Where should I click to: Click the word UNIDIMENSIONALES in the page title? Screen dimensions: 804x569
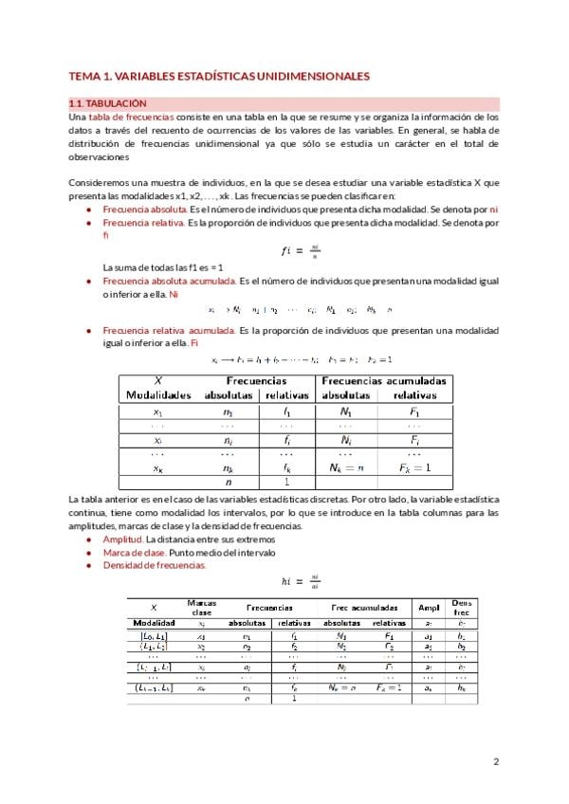coord(303,75)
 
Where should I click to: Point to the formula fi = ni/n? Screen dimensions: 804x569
coord(300,250)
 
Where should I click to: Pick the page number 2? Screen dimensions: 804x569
coord(496,761)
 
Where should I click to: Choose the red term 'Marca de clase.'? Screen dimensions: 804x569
coord(134,552)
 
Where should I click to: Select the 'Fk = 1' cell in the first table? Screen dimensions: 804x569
coord(414,467)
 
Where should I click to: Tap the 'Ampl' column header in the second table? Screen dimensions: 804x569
coord(428,608)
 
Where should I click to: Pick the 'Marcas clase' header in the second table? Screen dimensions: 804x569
coord(201,607)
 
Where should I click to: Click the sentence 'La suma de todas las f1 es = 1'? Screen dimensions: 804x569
coord(162,268)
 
